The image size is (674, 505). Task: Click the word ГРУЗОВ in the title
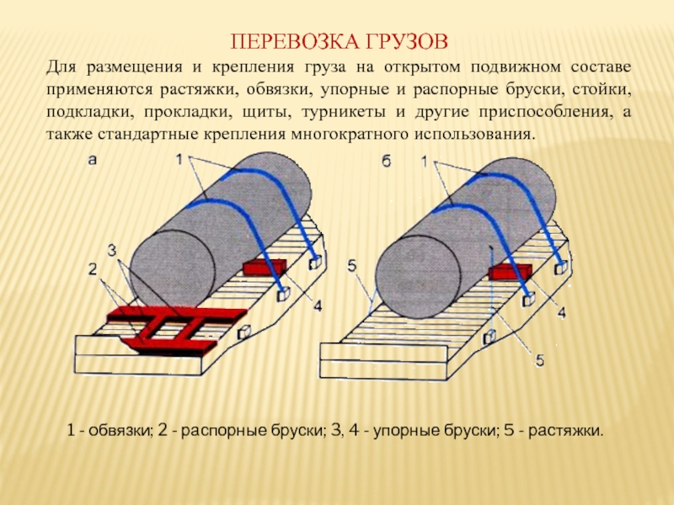coord(402,40)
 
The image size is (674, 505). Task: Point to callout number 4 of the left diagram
coord(316,307)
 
